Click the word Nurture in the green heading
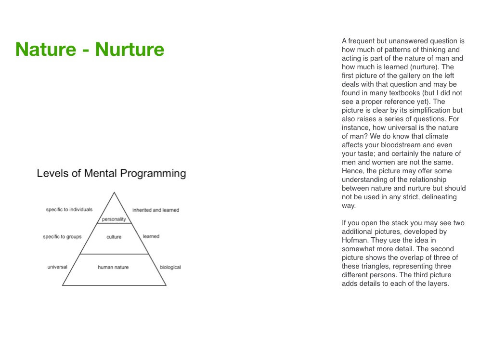(x=130, y=50)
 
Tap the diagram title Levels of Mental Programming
(x=111, y=174)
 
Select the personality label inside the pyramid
(x=114, y=219)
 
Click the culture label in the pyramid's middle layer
(x=114, y=237)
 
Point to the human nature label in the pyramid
(x=113, y=267)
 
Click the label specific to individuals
(x=69, y=210)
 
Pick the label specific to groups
(x=62, y=237)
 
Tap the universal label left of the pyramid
(x=57, y=267)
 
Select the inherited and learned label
(x=156, y=210)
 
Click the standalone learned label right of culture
(x=151, y=237)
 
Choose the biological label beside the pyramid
(x=170, y=268)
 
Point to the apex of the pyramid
(x=114, y=193)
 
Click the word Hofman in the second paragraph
(x=355, y=240)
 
